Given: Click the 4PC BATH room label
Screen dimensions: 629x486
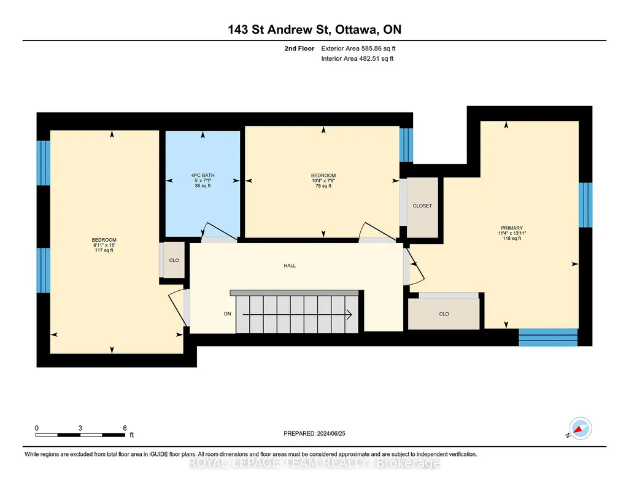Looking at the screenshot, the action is pos(203,175).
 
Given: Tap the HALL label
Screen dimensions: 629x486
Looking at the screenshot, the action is pos(290,266).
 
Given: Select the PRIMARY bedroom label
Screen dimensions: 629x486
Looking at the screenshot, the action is pos(512,228).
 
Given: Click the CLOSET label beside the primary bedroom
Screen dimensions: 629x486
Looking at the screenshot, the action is pos(422,206).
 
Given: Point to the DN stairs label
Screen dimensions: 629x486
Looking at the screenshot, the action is pos(228,314).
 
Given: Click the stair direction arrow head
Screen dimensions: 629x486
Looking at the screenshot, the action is pos(349,315).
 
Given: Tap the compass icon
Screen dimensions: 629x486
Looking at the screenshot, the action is pos(580,429).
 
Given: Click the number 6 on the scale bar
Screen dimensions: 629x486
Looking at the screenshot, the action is pos(125,428).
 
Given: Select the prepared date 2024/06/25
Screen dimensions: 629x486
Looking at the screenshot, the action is pos(331,433).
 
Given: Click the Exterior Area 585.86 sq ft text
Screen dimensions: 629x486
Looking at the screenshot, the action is pos(358,48).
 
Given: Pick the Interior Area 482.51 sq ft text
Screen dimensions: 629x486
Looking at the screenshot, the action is pos(357,58).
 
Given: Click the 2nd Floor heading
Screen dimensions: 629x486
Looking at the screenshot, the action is pos(299,48).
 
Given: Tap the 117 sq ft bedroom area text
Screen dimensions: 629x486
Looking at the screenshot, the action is pos(104,250).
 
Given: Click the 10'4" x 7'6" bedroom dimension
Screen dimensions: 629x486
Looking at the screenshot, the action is pos(323,180).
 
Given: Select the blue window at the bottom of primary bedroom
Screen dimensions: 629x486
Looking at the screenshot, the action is pos(548,337).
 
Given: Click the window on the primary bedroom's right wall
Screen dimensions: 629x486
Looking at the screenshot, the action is pos(585,205).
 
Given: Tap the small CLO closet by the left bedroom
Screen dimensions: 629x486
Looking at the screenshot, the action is pos(174,260).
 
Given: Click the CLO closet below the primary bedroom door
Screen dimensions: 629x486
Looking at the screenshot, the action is pos(444,314).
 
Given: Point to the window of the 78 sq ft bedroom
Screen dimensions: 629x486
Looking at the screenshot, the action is pos(406,145).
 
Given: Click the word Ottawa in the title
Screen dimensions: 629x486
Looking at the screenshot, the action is pos(356,29).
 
